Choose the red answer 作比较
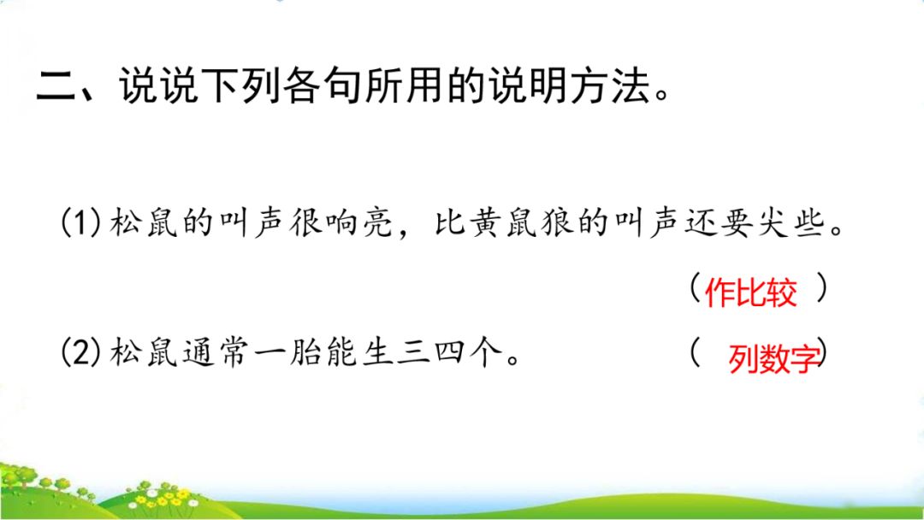pos(750,293)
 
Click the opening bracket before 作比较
pos(695,289)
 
